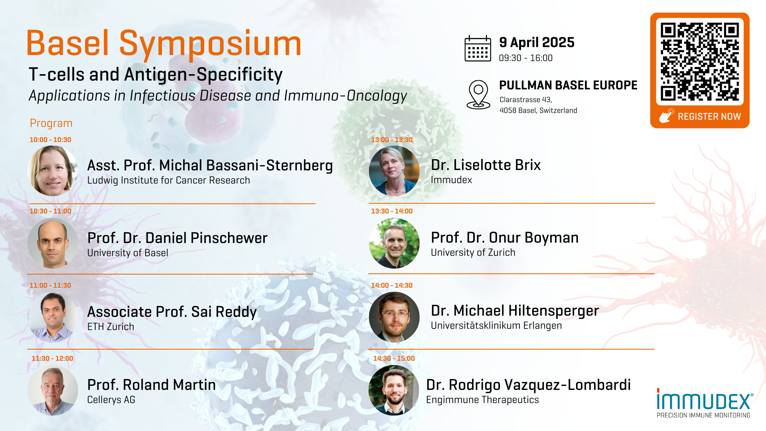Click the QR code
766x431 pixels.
coord(700,62)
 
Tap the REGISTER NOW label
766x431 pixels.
coord(709,117)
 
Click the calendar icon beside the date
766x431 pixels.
coord(478,48)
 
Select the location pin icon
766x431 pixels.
coord(478,95)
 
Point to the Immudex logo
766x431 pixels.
coord(705,403)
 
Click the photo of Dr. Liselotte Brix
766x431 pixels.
coord(394,171)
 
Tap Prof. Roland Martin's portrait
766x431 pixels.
coord(53,390)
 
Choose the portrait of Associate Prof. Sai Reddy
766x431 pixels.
coord(53,317)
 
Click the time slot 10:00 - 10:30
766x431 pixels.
coord(50,140)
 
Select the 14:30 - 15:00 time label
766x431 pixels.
coord(394,358)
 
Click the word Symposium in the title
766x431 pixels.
coord(210,44)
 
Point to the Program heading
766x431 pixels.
coord(51,123)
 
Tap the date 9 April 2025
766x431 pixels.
coord(537,42)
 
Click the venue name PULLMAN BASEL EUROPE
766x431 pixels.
coord(568,85)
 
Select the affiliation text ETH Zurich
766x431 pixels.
coord(111,326)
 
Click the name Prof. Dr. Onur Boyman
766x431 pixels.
coord(505,237)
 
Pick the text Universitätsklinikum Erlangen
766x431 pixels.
coord(496,325)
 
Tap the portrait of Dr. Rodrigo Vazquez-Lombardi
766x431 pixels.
coord(394,390)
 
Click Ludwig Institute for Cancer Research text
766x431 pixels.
coord(168,180)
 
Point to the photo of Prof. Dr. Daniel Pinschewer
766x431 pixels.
coord(53,243)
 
